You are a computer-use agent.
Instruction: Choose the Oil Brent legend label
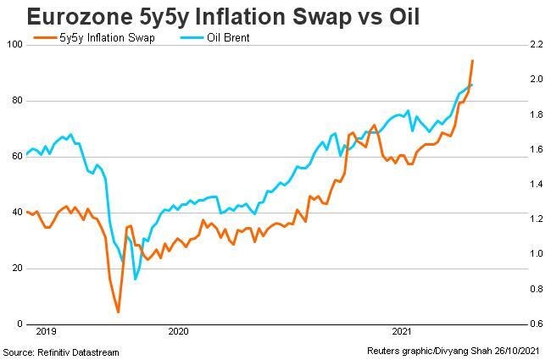click(x=228, y=38)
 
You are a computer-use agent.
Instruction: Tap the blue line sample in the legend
click(x=192, y=38)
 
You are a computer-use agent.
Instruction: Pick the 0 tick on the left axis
click(x=19, y=324)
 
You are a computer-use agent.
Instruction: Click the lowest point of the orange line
click(x=118, y=312)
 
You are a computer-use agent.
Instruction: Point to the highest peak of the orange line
click(x=472, y=61)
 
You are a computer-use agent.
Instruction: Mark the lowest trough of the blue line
click(x=135, y=279)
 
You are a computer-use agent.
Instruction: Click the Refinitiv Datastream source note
click(x=61, y=352)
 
